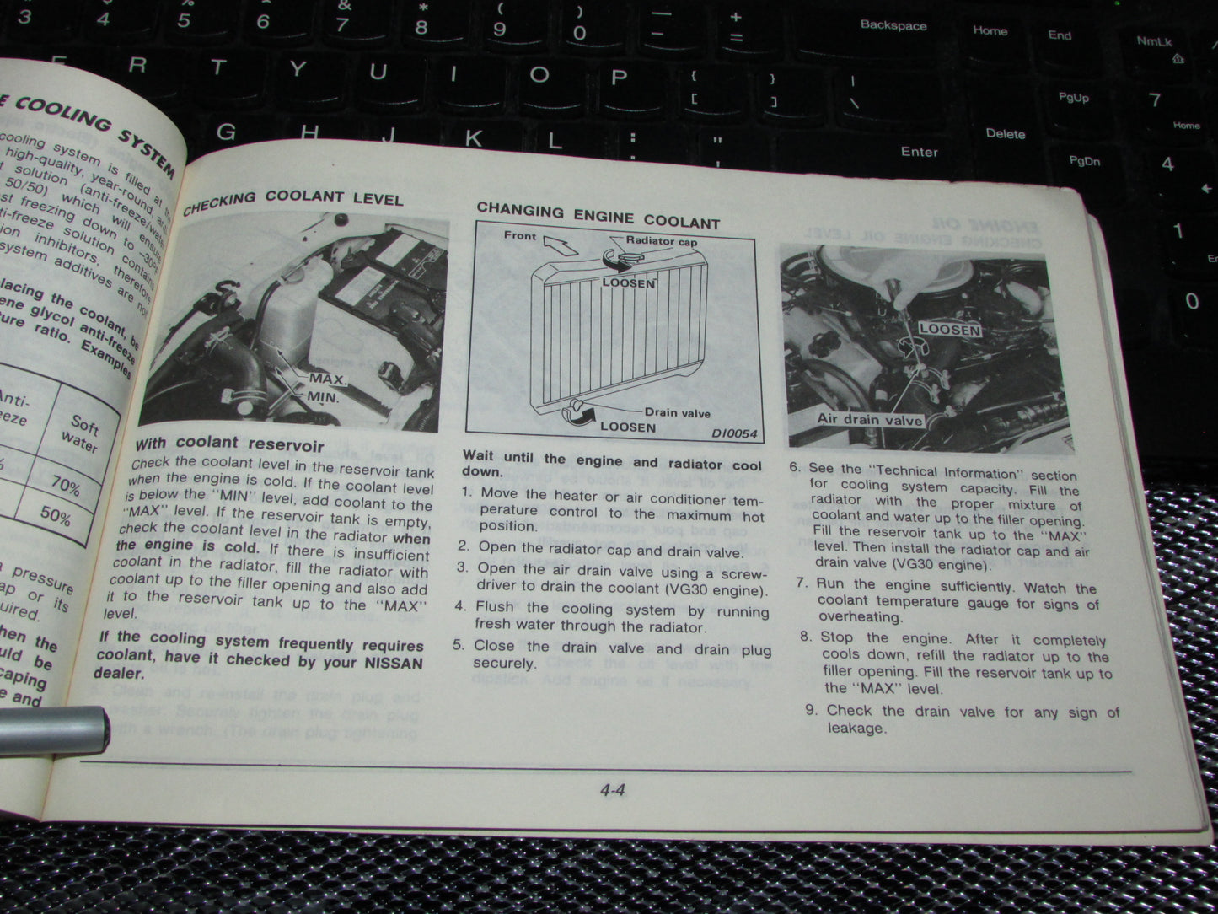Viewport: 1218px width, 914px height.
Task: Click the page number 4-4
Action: coord(612,791)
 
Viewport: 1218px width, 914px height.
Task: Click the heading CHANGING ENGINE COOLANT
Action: coord(598,216)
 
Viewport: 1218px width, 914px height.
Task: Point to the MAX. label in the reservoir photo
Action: coord(328,379)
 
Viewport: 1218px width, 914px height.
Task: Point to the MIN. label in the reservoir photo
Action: coord(323,396)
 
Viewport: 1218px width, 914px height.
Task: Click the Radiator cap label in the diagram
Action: coord(662,241)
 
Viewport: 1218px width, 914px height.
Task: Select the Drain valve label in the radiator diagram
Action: coord(678,412)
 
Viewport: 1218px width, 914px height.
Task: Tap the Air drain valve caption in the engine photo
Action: coord(869,419)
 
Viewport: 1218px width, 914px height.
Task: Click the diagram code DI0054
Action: coord(733,434)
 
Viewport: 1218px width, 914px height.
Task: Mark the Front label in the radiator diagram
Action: coord(520,235)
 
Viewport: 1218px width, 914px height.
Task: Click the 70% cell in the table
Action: coord(64,487)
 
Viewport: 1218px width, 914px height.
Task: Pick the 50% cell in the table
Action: coord(55,515)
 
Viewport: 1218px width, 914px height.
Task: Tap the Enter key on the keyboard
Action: coord(919,152)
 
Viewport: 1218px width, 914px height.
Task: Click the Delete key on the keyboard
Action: coord(1005,133)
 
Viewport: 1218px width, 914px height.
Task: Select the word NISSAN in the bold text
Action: coord(393,664)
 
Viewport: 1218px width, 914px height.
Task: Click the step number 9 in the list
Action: coord(811,710)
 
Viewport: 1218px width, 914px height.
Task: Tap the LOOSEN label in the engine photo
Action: coord(949,330)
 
